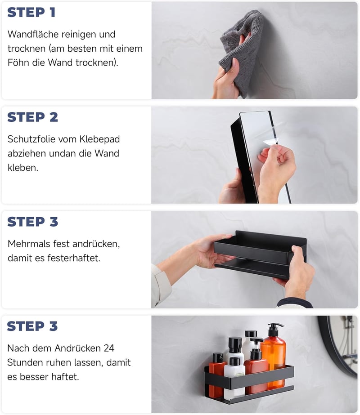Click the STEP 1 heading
(x=31, y=13)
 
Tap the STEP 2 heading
(x=32, y=117)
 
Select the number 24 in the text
(x=109, y=348)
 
